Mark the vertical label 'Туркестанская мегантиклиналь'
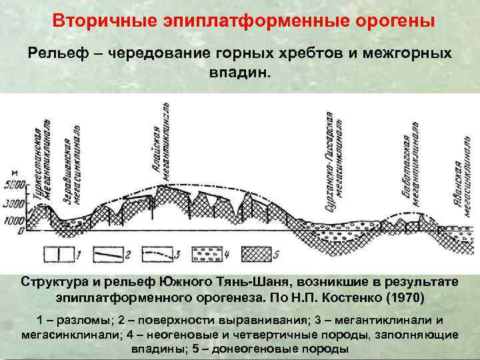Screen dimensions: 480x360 click(41, 167)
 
